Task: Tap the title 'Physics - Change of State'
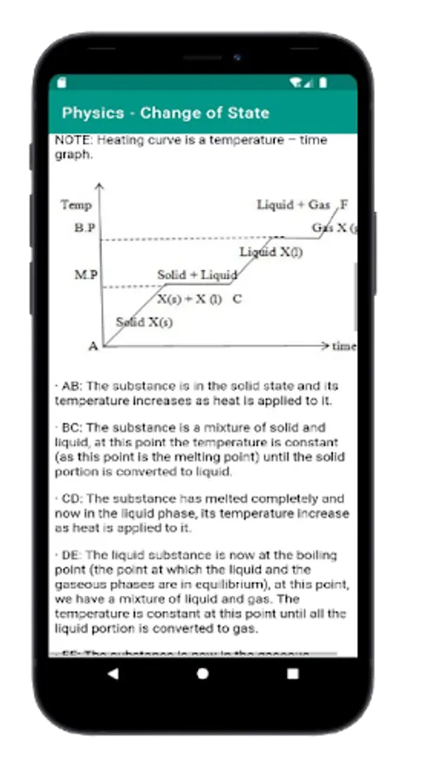coord(166,113)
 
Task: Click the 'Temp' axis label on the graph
coord(76,205)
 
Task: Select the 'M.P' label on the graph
coord(85,275)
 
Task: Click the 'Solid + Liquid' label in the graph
coord(197,275)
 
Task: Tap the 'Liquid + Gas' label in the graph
coord(293,205)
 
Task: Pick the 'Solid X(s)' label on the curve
coord(144,322)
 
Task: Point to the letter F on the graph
coord(344,205)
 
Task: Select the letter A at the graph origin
coord(93,346)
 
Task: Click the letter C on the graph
coord(237,299)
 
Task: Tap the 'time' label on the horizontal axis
coord(344,347)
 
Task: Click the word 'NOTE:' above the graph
coord(74,139)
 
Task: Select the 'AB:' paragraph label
coord(71,386)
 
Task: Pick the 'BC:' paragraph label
coord(73,428)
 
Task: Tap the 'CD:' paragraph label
coord(73,499)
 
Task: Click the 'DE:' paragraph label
coord(73,555)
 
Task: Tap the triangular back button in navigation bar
coord(113,673)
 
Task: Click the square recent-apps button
coord(292,673)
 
